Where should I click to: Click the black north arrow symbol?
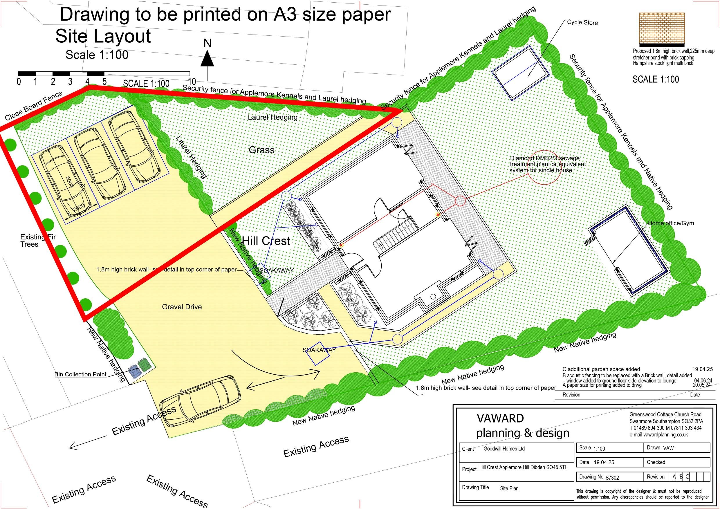(207, 59)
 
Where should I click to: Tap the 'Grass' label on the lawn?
(261, 150)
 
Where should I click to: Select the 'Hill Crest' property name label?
(266, 241)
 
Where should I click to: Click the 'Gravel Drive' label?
(182, 307)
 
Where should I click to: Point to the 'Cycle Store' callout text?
(582, 23)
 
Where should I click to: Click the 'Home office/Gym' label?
(671, 223)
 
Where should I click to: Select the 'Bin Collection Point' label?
(81, 374)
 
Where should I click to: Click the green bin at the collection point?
(145, 365)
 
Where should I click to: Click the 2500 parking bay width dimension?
(78, 207)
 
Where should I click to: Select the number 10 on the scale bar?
(192, 82)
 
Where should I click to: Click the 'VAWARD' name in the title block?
(500, 418)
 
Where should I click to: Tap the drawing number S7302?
(612, 478)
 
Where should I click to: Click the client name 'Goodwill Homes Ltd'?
(504, 448)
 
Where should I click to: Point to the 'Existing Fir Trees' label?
(37, 241)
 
